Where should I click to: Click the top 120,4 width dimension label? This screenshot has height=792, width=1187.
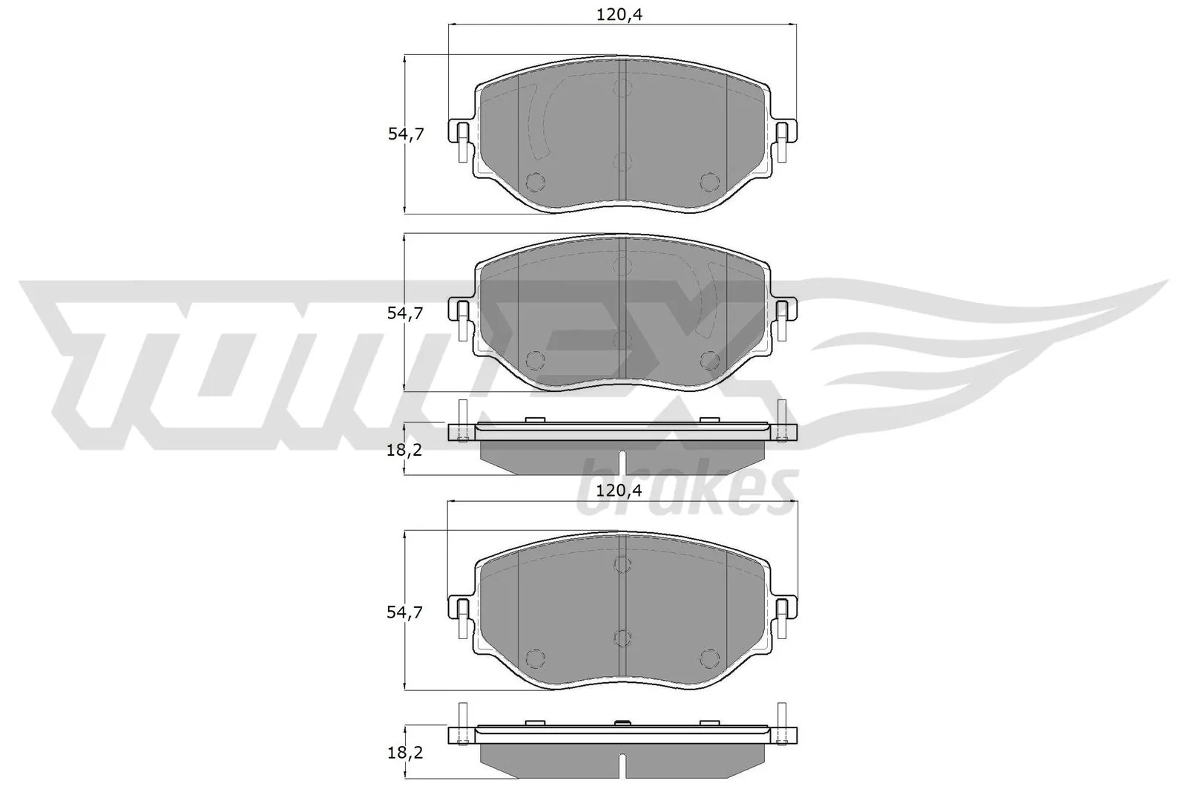(x=619, y=14)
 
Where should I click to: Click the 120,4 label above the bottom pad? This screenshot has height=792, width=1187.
(x=619, y=491)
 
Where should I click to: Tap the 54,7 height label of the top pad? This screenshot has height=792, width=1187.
(x=406, y=134)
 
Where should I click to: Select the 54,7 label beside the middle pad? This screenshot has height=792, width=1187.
(x=406, y=313)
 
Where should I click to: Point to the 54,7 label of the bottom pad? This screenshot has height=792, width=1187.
(x=406, y=612)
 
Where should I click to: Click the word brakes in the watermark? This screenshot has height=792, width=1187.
(x=686, y=488)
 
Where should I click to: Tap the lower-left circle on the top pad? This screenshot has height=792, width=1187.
(x=534, y=182)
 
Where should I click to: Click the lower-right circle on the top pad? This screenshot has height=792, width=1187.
(x=710, y=182)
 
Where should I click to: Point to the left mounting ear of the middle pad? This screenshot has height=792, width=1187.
(x=460, y=312)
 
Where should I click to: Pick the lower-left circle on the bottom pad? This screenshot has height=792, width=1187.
(x=534, y=658)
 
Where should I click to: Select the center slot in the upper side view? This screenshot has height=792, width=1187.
(x=622, y=462)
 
